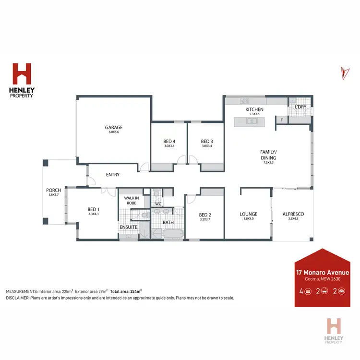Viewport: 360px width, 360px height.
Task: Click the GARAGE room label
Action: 114,128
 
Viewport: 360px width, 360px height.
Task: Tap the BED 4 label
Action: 168,141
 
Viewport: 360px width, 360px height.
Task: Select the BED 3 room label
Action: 207,141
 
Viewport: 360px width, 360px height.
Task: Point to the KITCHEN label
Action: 254,109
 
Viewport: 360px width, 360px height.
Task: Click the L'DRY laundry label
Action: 301,107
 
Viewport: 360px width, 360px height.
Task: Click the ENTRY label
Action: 113,175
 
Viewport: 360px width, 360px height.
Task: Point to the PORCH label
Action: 53,191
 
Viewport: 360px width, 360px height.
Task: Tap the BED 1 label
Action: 93,210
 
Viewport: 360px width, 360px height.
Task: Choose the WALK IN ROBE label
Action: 131,200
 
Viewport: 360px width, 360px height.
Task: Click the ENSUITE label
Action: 129,227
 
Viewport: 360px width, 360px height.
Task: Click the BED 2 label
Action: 205,215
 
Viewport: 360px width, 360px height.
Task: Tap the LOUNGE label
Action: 249,214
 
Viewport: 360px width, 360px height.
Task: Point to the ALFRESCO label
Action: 293,214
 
